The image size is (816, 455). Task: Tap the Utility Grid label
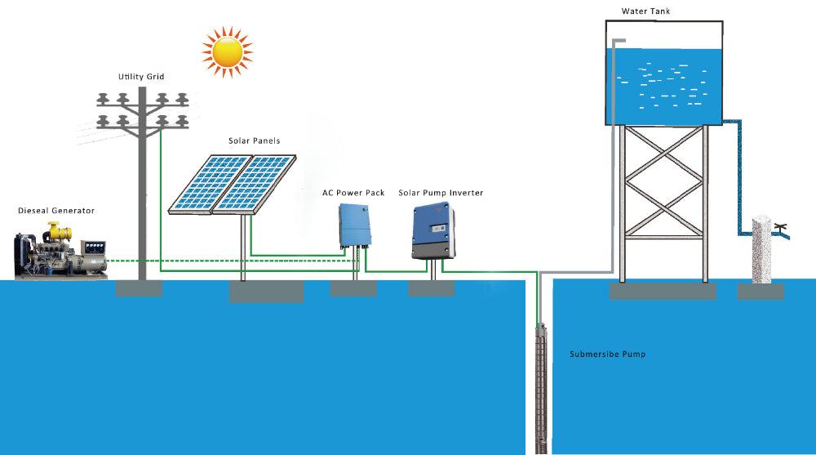(x=141, y=76)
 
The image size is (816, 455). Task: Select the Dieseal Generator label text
(x=56, y=211)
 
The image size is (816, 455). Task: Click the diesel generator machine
(x=60, y=250)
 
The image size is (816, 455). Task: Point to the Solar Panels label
(x=254, y=141)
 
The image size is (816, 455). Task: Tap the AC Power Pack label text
(x=353, y=193)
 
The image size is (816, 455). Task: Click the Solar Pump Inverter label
(x=441, y=193)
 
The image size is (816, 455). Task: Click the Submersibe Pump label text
(x=607, y=355)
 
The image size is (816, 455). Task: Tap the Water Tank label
(x=645, y=11)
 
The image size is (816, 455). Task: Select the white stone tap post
(x=761, y=250)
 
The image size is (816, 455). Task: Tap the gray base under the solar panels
(x=266, y=291)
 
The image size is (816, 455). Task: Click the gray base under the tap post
(x=761, y=292)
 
